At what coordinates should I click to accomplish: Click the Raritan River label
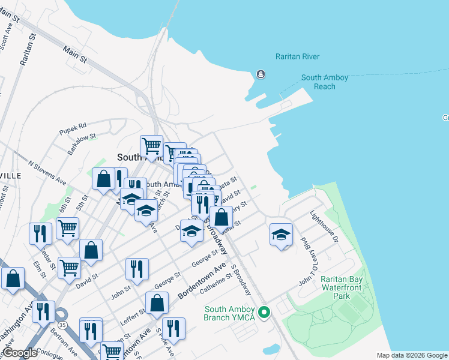[297, 56]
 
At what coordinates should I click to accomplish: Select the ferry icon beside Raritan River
[261, 74]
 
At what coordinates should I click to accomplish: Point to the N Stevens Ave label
[48, 171]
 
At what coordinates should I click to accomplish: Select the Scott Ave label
[5, 36]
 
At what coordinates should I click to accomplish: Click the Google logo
[20, 353]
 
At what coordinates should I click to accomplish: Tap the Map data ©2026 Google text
[411, 355]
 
